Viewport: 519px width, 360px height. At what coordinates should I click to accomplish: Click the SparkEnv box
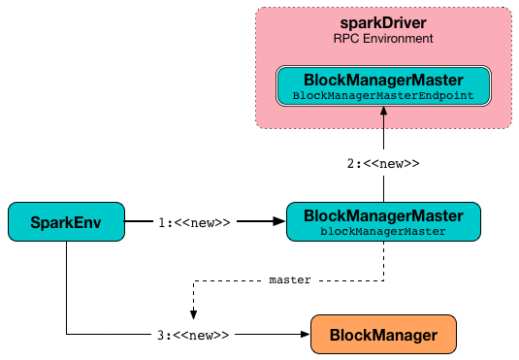[x=66, y=222]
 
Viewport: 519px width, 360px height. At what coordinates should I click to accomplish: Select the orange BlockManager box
[x=382, y=335]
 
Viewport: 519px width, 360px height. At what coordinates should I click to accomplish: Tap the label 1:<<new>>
[x=194, y=222]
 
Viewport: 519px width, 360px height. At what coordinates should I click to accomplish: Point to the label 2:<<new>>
[x=383, y=164]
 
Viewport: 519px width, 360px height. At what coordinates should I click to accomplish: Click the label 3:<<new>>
[x=194, y=335]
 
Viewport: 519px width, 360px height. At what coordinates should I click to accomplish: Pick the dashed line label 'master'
[x=289, y=279]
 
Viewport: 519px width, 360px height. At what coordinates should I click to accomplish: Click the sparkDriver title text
[x=383, y=22]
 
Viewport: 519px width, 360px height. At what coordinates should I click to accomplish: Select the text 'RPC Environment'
[x=383, y=39]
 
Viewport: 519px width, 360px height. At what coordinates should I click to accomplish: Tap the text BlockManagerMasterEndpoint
[x=383, y=95]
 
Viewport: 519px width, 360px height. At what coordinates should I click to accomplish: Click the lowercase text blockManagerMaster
[x=383, y=231]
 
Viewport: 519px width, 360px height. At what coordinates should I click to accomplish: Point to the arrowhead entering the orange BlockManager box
[x=303, y=335]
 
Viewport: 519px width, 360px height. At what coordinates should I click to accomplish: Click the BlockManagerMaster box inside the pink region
[x=383, y=86]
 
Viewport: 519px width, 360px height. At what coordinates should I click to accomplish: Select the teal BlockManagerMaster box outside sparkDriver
[x=383, y=222]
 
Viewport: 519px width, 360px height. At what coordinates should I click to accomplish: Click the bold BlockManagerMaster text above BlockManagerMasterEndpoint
[x=383, y=80]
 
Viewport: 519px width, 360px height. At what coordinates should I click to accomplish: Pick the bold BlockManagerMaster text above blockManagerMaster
[x=383, y=214]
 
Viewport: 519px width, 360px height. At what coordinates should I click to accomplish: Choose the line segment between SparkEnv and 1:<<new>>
[x=141, y=222]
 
